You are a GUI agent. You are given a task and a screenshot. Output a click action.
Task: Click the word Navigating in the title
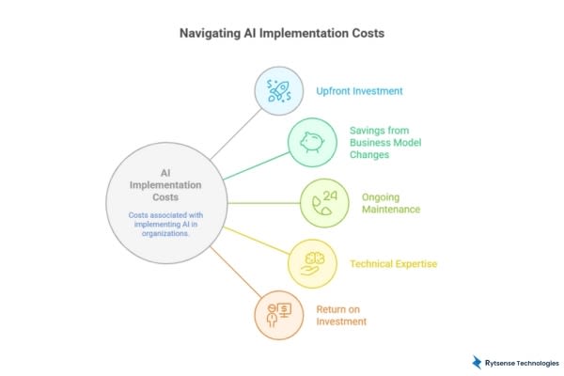coord(210,33)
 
